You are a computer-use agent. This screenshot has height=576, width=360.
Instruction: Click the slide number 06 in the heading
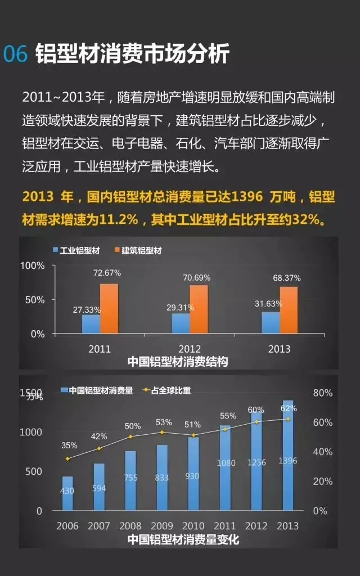[x=16, y=54]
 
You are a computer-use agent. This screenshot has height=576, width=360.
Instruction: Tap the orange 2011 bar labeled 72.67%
[x=109, y=309]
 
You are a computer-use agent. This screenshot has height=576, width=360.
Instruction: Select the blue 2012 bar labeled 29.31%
[x=181, y=323]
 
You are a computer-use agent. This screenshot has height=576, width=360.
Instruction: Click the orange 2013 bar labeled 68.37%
[x=289, y=310]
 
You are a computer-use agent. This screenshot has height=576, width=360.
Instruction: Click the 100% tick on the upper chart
[x=33, y=265]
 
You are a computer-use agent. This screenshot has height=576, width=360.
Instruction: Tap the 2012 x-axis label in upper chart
[x=189, y=349]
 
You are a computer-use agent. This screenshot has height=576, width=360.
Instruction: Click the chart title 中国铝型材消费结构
[x=177, y=362]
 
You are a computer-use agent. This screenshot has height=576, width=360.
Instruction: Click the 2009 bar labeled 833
[x=162, y=478]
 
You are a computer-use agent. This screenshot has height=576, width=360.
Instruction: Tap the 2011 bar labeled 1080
[x=225, y=469]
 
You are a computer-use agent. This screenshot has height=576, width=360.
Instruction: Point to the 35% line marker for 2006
[x=68, y=458]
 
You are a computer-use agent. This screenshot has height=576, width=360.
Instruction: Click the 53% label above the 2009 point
[x=164, y=422]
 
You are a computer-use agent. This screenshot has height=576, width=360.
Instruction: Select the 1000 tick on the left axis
[x=31, y=432]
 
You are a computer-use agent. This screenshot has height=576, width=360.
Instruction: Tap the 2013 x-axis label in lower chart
[x=288, y=526]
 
